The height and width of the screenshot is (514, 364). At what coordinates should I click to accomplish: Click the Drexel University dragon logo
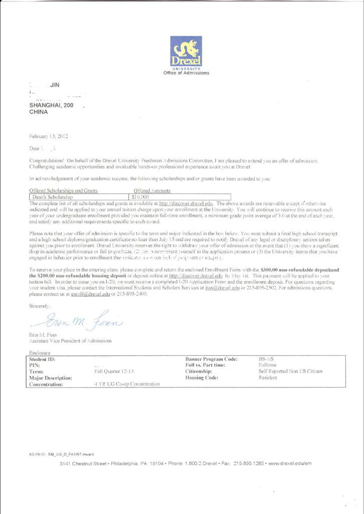click(186, 51)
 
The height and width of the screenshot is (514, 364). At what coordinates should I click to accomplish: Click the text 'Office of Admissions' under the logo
click(186, 73)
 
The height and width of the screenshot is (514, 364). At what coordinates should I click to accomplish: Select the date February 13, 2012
click(49, 136)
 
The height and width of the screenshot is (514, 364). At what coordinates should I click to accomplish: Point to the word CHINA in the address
click(39, 112)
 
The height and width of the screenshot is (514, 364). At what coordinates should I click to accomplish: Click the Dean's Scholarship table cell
click(53, 197)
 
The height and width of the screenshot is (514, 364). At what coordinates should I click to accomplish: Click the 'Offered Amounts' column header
click(152, 191)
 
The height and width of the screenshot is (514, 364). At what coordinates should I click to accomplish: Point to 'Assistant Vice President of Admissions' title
click(71, 341)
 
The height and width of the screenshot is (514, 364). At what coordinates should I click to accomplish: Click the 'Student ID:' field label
click(42, 359)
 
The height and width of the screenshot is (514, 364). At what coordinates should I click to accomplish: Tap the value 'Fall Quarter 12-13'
click(114, 371)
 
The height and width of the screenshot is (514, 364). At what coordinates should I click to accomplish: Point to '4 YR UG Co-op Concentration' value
click(127, 384)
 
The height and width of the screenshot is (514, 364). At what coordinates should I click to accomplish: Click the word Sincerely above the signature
click(40, 305)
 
